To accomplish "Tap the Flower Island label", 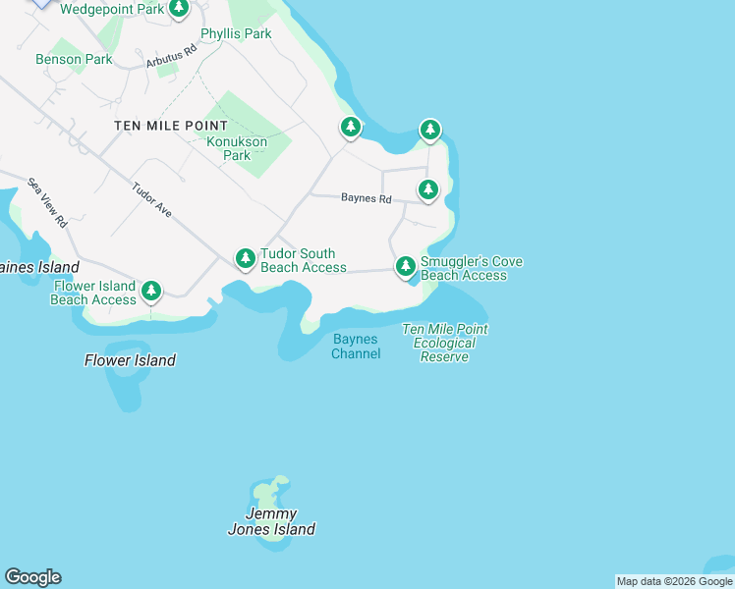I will pos(130,360).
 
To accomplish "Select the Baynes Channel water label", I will pos(356,347).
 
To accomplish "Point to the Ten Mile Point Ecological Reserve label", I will pos(445,343).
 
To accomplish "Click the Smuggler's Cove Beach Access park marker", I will pos(405,266).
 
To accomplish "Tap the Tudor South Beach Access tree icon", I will pos(245,258).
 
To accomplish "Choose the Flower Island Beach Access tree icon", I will pos(150,290).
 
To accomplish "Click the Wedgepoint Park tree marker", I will pos(178,9).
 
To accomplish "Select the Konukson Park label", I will pos(237,148).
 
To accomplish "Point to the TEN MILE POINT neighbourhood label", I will pos(171,126).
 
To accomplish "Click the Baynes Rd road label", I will pos(367,198).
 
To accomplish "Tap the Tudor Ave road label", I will pos(153,200).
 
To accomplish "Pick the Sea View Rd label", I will pos(47,202).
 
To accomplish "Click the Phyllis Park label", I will pos(236,33).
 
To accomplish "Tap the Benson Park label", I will pos(74,59).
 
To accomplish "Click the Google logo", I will pos(32,577).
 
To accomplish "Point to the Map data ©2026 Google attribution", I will pos(674,581).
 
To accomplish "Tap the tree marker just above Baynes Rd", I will pos(427,188).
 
